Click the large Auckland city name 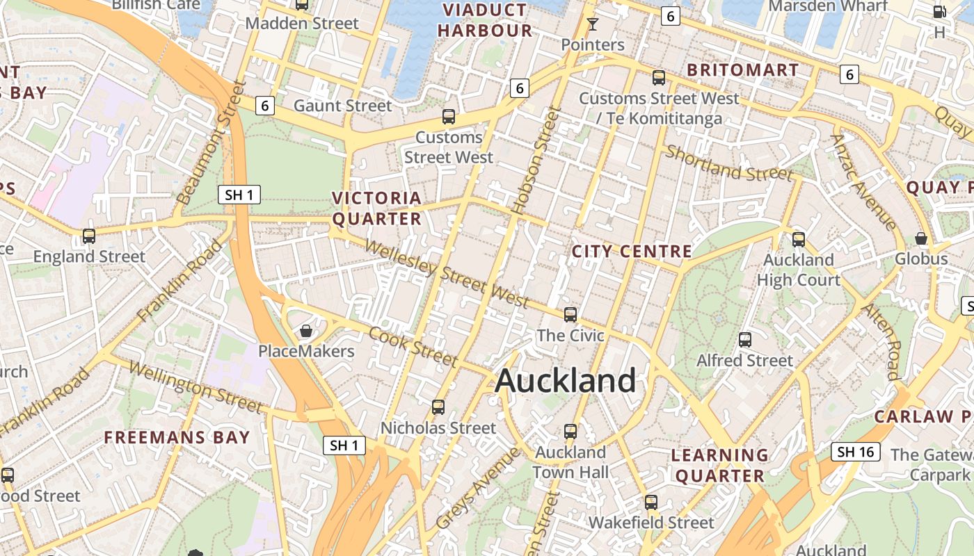[565, 381]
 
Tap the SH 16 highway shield [855, 452]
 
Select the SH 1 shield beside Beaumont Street [239, 195]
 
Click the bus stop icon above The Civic [570, 315]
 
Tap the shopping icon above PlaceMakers [305, 331]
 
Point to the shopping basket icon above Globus [921, 238]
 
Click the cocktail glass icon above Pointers [592, 24]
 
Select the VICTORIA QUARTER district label [377, 208]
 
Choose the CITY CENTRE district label [632, 252]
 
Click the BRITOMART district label [742, 70]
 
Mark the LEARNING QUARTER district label [720, 466]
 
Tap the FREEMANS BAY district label [177, 437]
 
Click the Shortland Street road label [728, 163]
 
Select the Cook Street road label [413, 345]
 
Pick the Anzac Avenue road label [863, 181]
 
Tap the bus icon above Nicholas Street [438, 407]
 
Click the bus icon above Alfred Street [745, 340]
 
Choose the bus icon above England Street [89, 236]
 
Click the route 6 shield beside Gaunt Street [265, 106]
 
